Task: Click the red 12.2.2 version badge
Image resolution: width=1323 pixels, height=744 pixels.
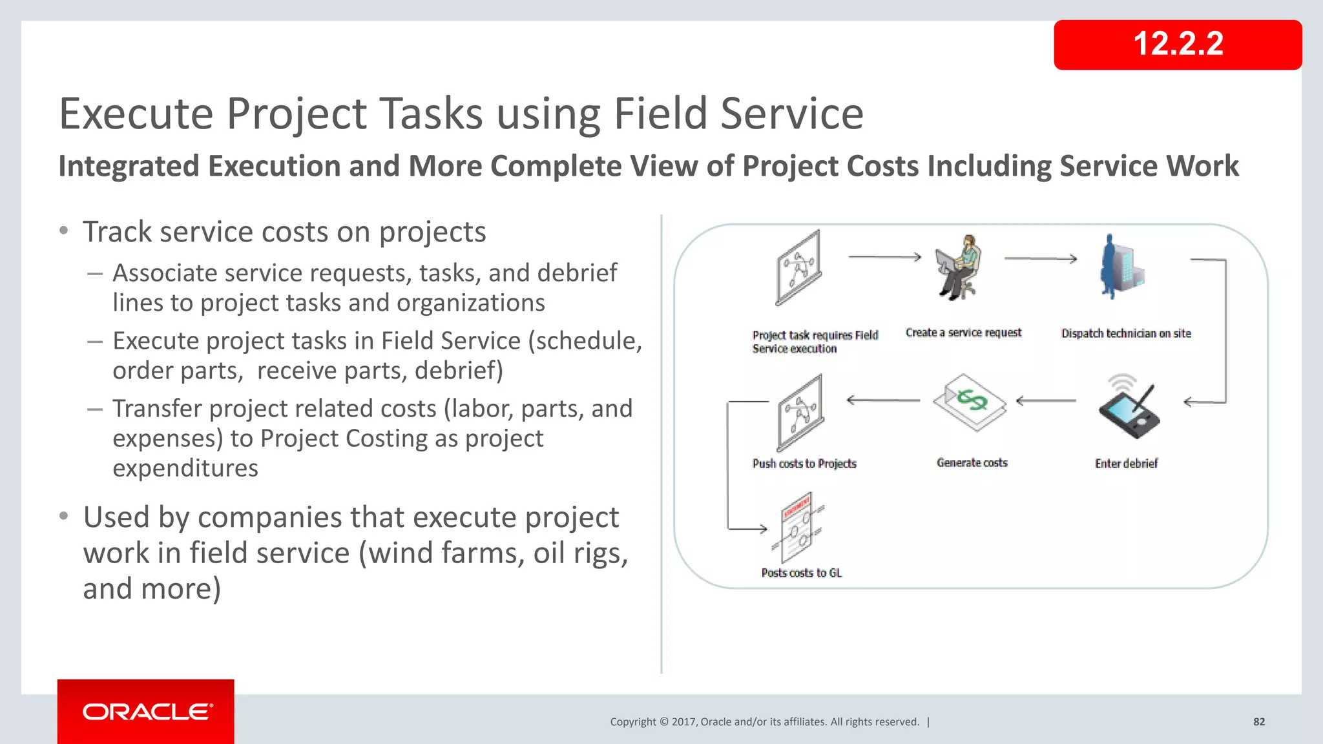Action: (1177, 45)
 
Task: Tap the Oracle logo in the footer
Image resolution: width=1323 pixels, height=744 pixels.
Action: (146, 712)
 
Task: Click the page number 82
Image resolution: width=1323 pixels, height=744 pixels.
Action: (1258, 721)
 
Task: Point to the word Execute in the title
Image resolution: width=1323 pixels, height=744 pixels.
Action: (136, 114)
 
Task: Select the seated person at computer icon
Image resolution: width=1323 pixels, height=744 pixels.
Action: (959, 267)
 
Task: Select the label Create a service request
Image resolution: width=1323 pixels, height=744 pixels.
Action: (963, 333)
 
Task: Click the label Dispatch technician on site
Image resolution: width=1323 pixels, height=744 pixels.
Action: (1126, 333)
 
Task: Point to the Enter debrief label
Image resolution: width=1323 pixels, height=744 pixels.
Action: (1126, 463)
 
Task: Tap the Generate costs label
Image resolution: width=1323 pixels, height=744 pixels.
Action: (972, 462)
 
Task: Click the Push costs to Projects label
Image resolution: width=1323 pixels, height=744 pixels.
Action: (804, 463)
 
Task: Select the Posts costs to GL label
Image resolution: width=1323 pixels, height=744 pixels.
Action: (801, 573)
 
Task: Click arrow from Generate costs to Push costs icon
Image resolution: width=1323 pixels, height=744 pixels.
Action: (882, 400)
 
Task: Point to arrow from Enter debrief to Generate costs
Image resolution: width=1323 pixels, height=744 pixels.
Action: (1046, 401)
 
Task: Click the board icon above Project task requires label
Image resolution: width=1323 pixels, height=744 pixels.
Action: (799, 267)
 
